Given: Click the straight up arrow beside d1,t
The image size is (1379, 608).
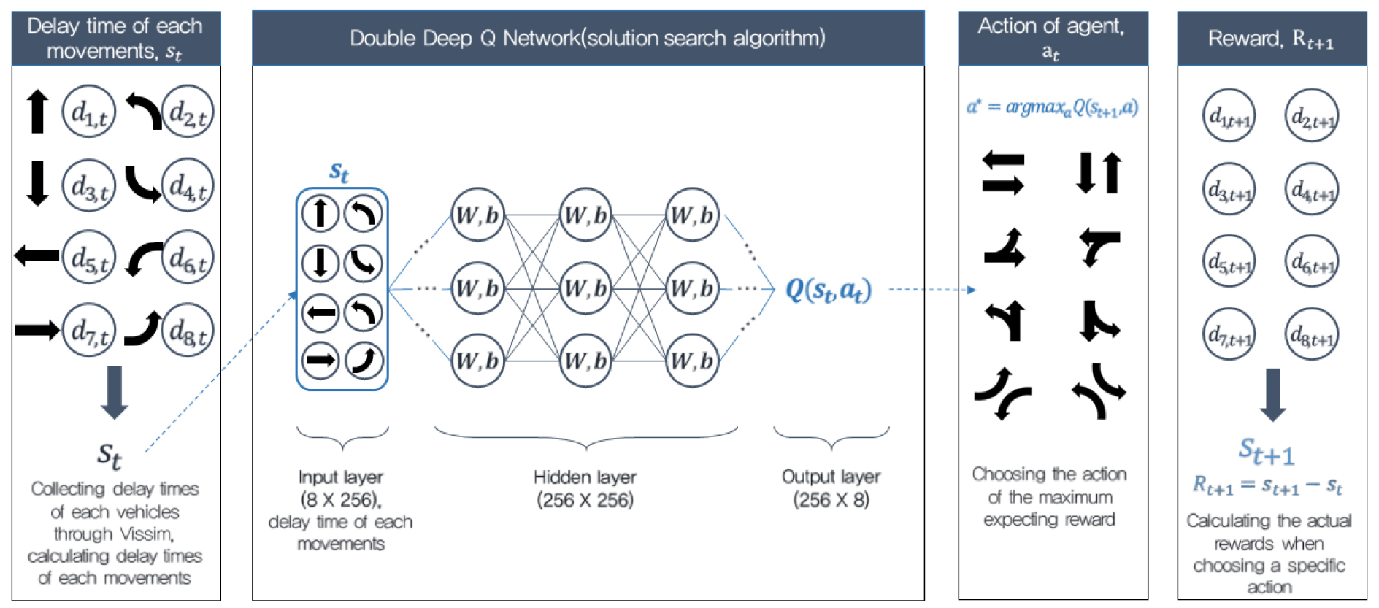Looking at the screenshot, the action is (x=37, y=111).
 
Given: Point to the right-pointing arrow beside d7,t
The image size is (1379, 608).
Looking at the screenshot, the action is (x=37, y=330).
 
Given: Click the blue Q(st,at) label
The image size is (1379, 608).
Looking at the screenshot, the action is (x=829, y=290).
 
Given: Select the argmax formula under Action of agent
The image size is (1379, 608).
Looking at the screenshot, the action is (x=1052, y=107).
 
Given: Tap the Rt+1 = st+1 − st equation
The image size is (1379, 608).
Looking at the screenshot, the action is (x=1268, y=485).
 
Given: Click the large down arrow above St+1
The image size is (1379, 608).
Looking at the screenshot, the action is (x=1272, y=395).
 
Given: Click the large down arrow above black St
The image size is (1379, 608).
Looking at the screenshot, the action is (x=114, y=393).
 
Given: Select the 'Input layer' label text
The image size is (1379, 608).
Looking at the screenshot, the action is (x=341, y=477).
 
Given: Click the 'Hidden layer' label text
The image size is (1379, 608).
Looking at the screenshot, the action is (x=585, y=477).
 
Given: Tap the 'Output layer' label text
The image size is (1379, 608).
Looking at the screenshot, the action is (x=831, y=477).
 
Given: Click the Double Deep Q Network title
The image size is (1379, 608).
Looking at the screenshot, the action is (x=588, y=38).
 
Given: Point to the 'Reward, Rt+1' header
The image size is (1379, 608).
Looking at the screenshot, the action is (x=1271, y=39).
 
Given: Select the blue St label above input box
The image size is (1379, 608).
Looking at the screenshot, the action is (x=339, y=172).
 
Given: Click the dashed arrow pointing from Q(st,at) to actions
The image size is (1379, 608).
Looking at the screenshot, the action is (x=932, y=290).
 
